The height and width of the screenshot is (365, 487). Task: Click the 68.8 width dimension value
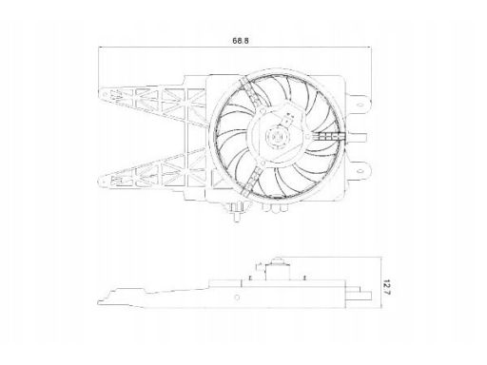(x=241, y=41)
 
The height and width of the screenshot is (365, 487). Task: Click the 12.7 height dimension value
(x=387, y=287)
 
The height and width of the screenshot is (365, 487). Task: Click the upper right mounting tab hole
(x=360, y=105)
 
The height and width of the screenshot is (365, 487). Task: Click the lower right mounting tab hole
(x=360, y=171)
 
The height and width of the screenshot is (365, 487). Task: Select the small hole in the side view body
(x=237, y=298)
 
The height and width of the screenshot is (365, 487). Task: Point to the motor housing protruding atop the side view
(x=278, y=269)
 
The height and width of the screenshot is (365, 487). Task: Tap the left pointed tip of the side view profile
(x=98, y=302)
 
